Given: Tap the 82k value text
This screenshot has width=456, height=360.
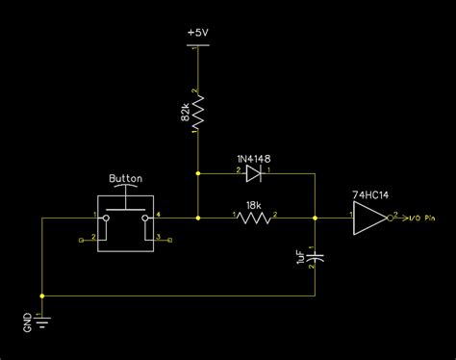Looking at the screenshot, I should [184, 115].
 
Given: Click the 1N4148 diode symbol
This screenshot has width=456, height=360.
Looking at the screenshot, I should [254, 173].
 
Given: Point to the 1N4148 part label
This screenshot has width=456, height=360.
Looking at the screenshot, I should [254, 158].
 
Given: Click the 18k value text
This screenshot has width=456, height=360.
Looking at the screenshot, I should [253, 205].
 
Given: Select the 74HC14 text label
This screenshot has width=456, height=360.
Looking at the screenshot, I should [370, 193].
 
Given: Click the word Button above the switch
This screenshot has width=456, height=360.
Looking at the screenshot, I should [126, 178].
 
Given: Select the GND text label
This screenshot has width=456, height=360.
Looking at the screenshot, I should [28, 324].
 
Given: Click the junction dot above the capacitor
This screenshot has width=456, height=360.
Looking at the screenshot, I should [316, 219].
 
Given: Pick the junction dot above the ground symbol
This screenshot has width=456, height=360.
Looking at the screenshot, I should [42, 296].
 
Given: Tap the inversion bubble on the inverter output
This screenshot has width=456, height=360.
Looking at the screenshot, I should [390, 219].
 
